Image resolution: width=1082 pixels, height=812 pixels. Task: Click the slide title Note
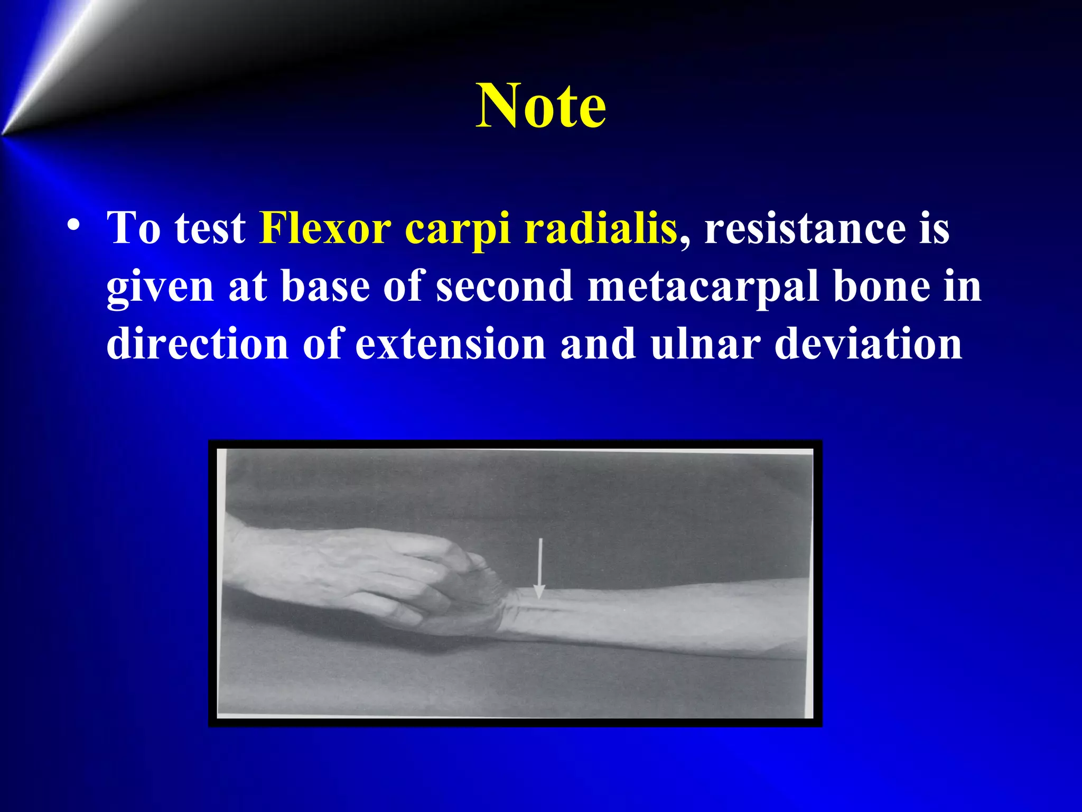point(540,106)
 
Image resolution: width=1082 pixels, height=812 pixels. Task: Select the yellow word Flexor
point(325,228)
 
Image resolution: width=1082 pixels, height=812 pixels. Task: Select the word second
point(504,286)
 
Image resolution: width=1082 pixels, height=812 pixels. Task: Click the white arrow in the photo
point(539,566)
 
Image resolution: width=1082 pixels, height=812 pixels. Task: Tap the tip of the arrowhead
point(539,597)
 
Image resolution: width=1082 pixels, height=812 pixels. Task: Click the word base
point(325,286)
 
